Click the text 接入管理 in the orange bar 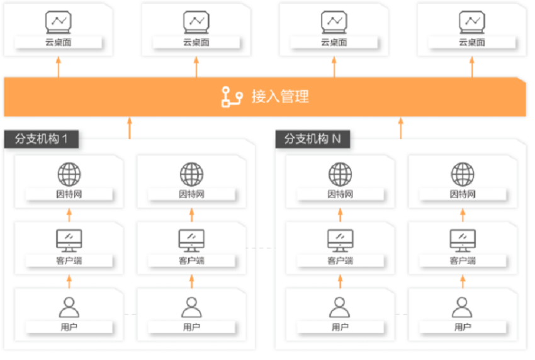(280, 96)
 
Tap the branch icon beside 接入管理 (232, 97)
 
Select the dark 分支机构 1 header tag (42, 139)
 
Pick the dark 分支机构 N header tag (313, 139)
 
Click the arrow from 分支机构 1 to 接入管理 (130, 128)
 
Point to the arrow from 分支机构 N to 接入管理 (401, 128)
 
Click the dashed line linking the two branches (261, 248)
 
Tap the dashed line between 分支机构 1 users (130, 314)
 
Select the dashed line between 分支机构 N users (402, 314)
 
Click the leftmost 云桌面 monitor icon (59, 22)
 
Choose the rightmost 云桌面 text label (472, 42)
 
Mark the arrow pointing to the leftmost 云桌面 (59, 67)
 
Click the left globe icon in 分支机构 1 (69, 174)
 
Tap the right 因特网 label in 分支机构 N (463, 194)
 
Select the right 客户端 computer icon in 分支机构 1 (191, 240)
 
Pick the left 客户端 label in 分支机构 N (340, 261)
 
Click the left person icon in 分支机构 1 (69, 307)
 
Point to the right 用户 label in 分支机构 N (463, 327)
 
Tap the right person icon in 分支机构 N (463, 307)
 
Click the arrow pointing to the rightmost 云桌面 (472, 67)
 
